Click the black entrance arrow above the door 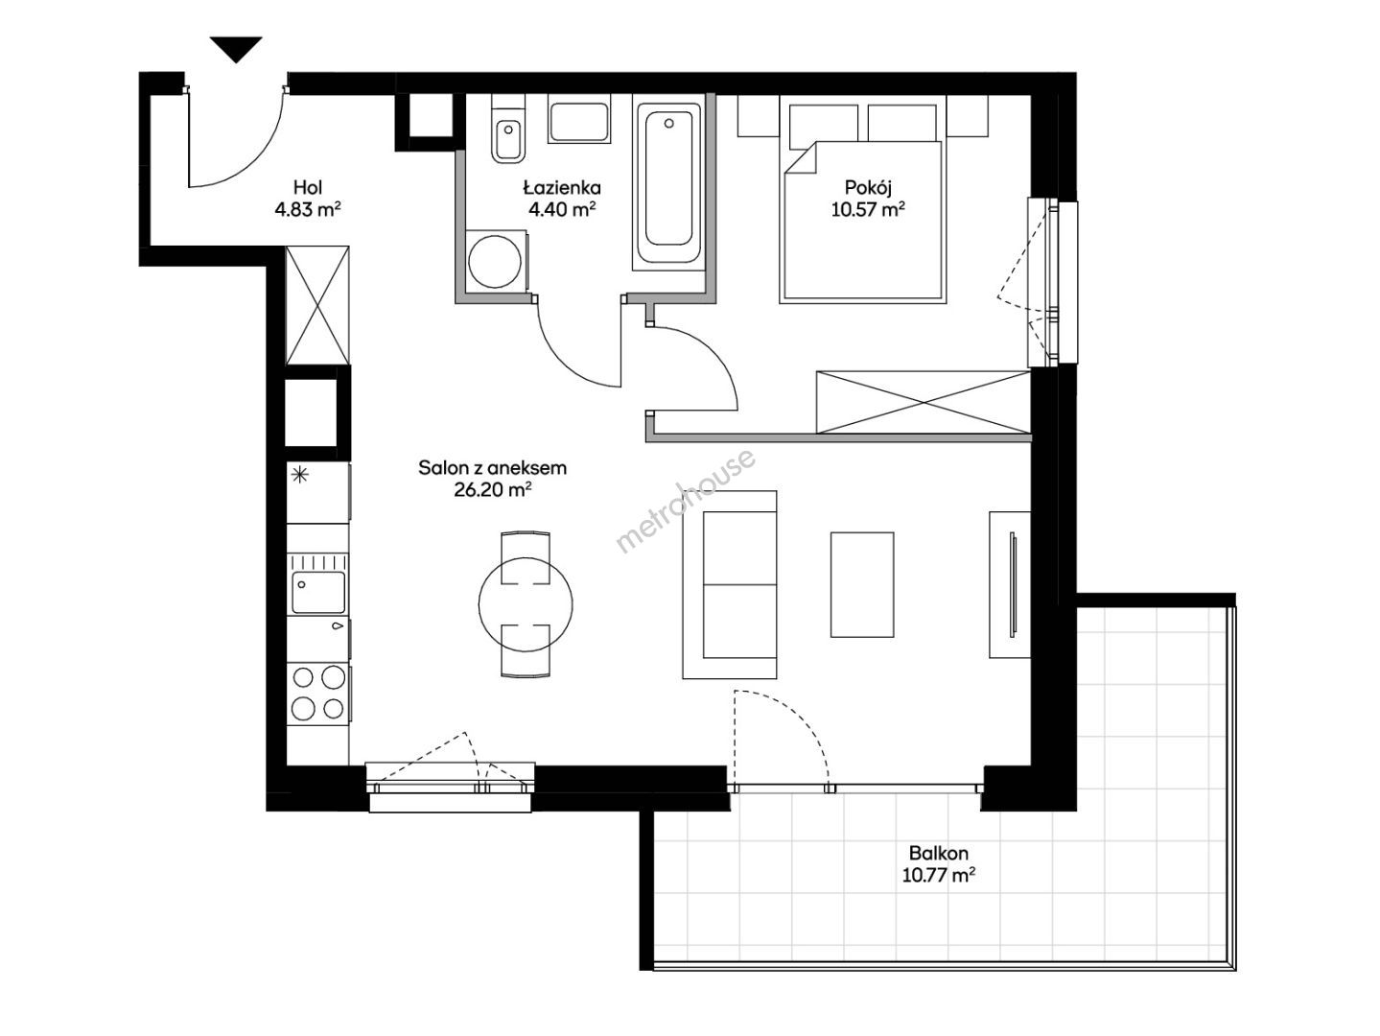(x=236, y=49)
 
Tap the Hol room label (x=308, y=187)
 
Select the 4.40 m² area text (x=561, y=208)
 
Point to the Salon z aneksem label (x=492, y=468)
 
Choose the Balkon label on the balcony (x=938, y=853)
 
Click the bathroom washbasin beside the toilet (x=579, y=119)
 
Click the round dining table (x=526, y=604)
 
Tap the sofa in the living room (x=730, y=584)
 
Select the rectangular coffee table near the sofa (x=862, y=584)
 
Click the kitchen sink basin (x=318, y=592)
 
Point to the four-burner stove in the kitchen (x=318, y=694)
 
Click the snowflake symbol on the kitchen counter (x=300, y=475)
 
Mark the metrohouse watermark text (x=686, y=500)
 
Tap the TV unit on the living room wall (x=1010, y=584)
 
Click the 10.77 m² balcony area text (x=939, y=875)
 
